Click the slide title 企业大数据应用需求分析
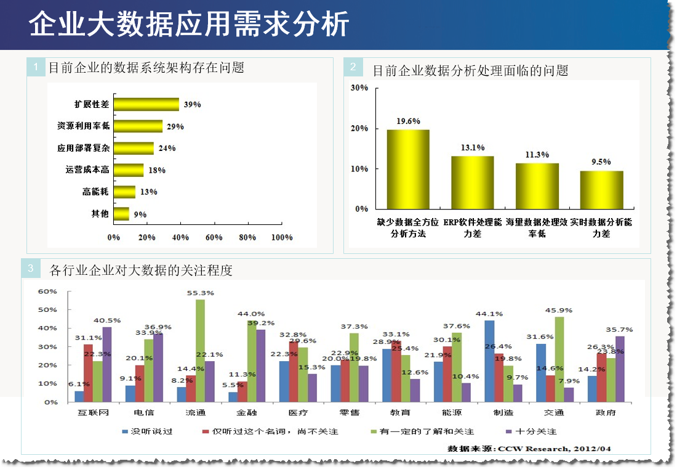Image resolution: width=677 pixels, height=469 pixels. [x=190, y=25]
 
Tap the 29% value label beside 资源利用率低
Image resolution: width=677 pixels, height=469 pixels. [x=175, y=126]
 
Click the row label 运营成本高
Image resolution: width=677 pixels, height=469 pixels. [x=87, y=169]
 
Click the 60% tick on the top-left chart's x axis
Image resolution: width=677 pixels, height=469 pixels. [x=214, y=237]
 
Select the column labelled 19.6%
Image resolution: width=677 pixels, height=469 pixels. [x=408, y=169]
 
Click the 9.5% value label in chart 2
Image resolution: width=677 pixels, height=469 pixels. [x=601, y=161]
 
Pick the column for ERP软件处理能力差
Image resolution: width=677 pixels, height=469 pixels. [x=473, y=182]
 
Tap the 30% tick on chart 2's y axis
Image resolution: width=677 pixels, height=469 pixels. [x=359, y=88]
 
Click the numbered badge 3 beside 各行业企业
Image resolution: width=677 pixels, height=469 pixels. [x=31, y=269]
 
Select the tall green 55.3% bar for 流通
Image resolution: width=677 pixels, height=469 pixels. [x=200, y=350]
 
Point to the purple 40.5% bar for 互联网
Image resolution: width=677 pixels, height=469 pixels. [x=107, y=364]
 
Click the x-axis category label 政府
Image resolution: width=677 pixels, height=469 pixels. [x=606, y=412]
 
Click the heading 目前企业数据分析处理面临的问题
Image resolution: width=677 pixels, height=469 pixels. [x=470, y=70]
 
